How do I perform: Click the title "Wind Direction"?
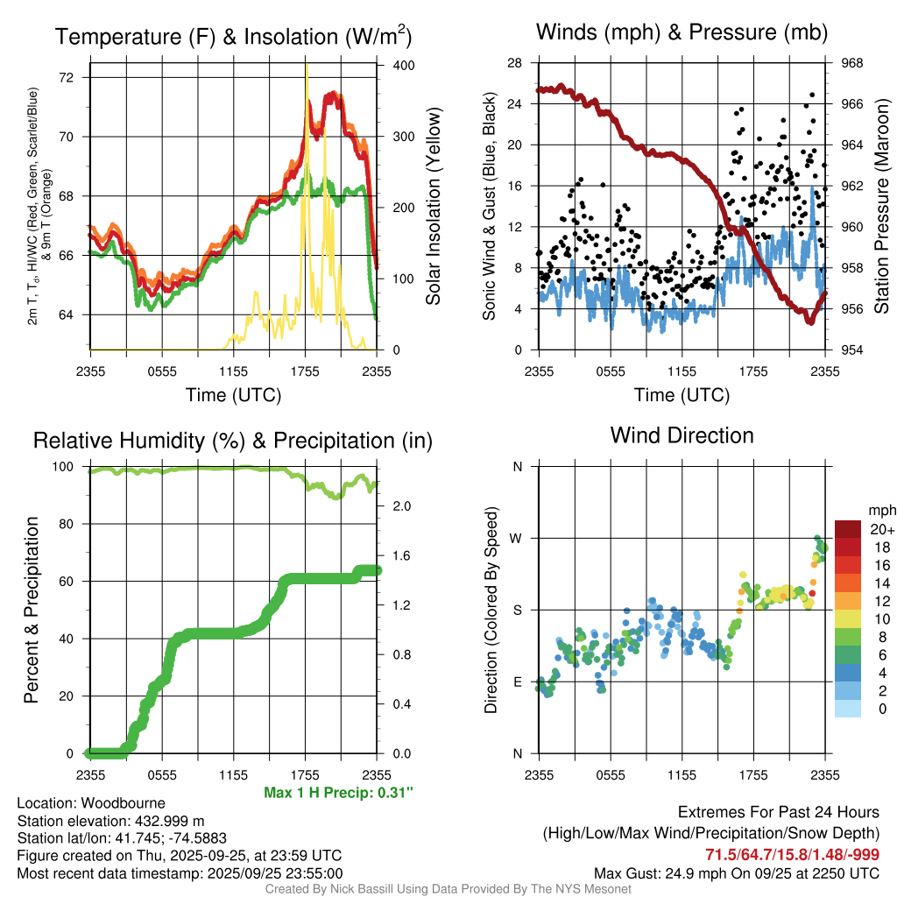tap(682, 435)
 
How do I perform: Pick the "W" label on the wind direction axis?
tap(517, 538)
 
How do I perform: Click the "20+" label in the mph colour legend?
tap(881, 529)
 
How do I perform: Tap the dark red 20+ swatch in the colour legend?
tap(849, 529)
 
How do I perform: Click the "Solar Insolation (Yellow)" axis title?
tap(433, 207)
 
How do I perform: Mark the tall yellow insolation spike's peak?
tap(307, 67)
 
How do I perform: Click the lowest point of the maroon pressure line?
tap(811, 321)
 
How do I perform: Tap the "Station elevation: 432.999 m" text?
tap(110, 821)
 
